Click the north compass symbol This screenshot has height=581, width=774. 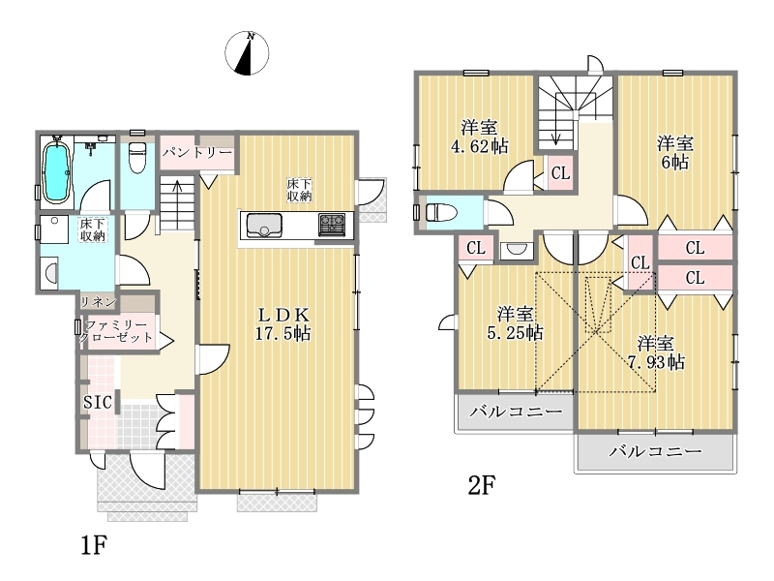click(247, 53)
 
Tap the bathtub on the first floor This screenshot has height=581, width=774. click(55, 171)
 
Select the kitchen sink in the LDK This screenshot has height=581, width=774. click(263, 226)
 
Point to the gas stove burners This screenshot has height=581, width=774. click(332, 225)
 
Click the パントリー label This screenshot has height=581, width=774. click(197, 152)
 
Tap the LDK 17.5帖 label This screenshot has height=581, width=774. click(283, 323)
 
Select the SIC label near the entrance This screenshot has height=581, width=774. click(98, 402)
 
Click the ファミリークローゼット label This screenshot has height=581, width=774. click(116, 331)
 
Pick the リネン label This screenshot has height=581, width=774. click(99, 301)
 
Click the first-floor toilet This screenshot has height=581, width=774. click(136, 158)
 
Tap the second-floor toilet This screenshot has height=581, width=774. click(442, 212)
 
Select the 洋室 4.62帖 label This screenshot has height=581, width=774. click(479, 137)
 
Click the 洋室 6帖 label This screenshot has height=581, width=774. click(674, 153)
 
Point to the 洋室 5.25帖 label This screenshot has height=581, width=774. click(515, 323)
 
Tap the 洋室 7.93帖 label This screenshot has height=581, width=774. click(656, 352)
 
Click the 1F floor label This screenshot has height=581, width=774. click(94, 545)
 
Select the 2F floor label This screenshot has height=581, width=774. click(481, 485)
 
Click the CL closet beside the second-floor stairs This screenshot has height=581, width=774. click(561, 173)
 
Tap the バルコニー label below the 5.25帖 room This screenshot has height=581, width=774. click(516, 412)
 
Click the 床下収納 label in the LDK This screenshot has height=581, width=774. click(300, 190)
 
